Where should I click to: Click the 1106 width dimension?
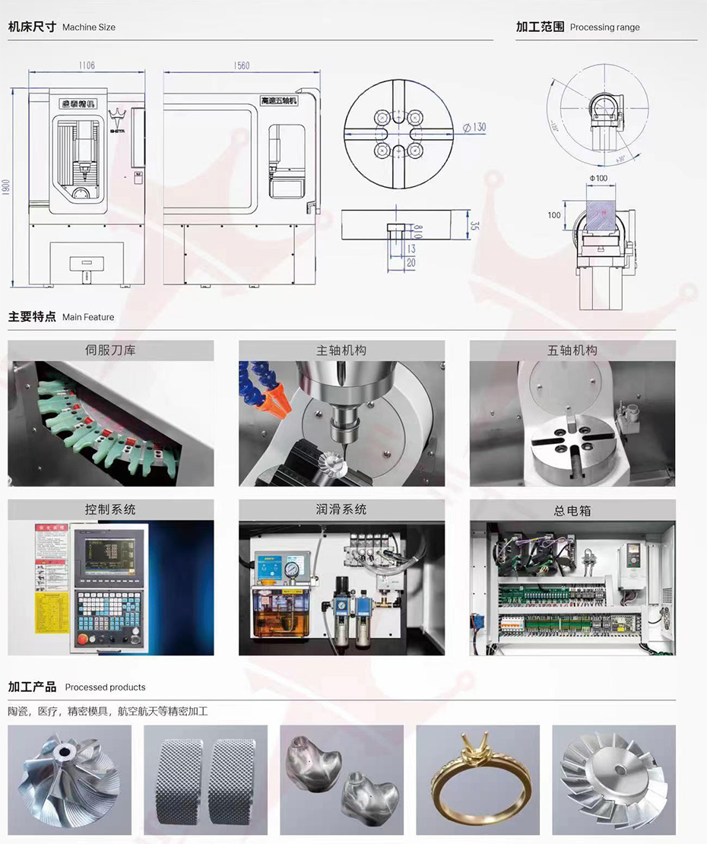click(x=86, y=66)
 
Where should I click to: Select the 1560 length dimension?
click(x=241, y=66)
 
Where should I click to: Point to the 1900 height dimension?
click(x=7, y=187)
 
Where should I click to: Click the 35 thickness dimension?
click(x=474, y=226)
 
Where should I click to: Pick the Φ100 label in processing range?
click(x=598, y=178)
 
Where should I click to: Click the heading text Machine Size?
click(x=89, y=27)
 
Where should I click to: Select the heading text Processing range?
click(x=604, y=27)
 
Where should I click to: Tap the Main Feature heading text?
click(x=88, y=317)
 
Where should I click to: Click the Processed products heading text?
click(x=105, y=687)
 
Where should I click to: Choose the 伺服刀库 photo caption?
click(x=110, y=351)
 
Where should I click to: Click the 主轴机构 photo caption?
click(x=341, y=351)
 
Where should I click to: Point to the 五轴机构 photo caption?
click(x=572, y=351)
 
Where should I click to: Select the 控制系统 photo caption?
click(x=110, y=509)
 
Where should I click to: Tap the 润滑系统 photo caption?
click(x=341, y=509)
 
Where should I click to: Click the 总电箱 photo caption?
click(x=572, y=510)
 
